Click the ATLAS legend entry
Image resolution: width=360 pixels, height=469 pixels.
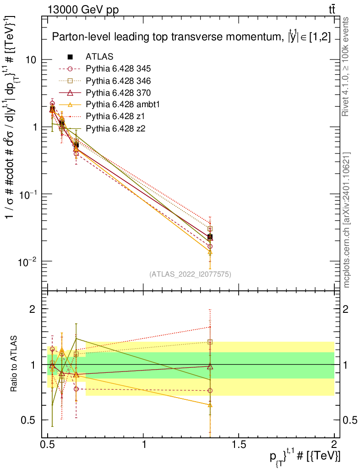tap(99, 56)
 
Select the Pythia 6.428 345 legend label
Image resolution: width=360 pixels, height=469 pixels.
tap(118, 69)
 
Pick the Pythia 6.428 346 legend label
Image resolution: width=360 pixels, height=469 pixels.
tap(118, 81)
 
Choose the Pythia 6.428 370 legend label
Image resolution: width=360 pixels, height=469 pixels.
tap(118, 93)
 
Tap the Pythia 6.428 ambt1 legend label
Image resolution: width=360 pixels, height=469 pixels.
tap(123, 104)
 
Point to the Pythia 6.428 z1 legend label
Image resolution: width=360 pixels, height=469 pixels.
tap(115, 116)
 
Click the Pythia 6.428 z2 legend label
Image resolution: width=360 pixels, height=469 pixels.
tap(115, 128)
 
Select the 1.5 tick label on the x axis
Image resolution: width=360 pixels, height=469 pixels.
tap(239, 444)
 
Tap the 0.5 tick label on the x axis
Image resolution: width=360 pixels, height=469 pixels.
tap(48, 444)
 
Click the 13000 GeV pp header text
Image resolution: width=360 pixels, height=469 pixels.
tap(83, 10)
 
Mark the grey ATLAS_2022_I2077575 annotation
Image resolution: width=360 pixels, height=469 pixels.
tap(190, 274)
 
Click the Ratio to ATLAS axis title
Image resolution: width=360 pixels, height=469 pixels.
tap(14, 364)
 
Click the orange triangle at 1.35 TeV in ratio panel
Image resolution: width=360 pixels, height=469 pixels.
tap(210, 405)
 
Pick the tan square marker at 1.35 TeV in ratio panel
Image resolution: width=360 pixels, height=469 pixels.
tap(210, 342)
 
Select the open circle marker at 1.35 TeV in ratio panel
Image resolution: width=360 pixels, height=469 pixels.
tap(210, 391)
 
